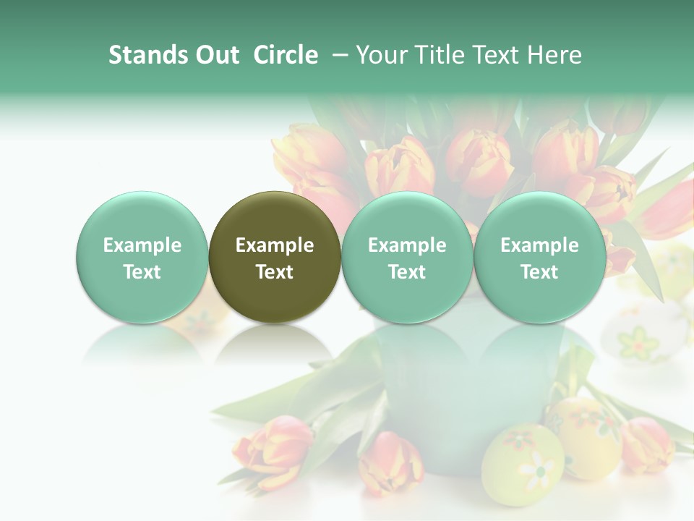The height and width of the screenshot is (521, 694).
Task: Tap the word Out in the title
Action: click(x=216, y=55)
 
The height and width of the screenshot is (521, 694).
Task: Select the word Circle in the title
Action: click(x=286, y=55)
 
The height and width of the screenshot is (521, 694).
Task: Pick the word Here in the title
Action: click(x=554, y=55)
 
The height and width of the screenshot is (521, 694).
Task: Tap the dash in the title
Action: click(x=340, y=55)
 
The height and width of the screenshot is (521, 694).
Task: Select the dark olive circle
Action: click(x=275, y=257)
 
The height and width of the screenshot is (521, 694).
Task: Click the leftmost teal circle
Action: click(x=142, y=257)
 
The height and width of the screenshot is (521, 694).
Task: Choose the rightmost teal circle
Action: click(x=539, y=257)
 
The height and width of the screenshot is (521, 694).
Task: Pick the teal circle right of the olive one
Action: click(x=407, y=257)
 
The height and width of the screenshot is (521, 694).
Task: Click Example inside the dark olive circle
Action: click(x=275, y=245)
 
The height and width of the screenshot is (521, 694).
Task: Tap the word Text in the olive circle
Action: click(x=275, y=272)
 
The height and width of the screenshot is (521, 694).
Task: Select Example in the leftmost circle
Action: click(x=142, y=245)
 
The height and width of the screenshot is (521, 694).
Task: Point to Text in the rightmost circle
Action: click(x=539, y=272)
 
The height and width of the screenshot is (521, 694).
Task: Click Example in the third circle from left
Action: click(x=407, y=245)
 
